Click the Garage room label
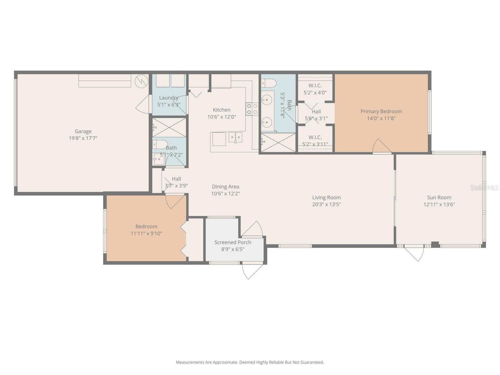[83, 131]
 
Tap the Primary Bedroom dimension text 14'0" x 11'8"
[381, 118]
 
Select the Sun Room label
[439, 197]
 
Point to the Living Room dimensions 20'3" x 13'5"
[326, 205]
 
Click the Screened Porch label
[232, 242]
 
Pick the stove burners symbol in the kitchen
[252, 109]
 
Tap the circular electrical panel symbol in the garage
[141, 81]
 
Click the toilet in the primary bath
[269, 83]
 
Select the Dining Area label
[225, 187]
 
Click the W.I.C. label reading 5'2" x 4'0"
[315, 89]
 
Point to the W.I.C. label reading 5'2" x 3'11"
[315, 141]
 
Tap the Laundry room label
[168, 98]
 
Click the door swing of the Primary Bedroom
[381, 146]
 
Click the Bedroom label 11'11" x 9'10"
[146, 230]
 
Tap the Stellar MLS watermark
[484, 188]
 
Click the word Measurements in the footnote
[190, 362]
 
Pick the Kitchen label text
[222, 110]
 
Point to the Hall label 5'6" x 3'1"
[316, 115]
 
